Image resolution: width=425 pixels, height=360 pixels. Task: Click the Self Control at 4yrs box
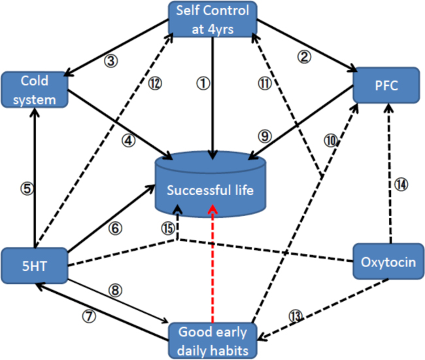point(212,20)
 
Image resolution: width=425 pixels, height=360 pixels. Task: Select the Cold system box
point(34,90)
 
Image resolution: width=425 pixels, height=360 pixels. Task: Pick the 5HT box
point(34,265)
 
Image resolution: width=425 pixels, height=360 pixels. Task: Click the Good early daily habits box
point(212,340)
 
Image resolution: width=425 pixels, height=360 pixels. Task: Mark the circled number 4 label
point(128,139)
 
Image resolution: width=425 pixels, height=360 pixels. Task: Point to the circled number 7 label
point(88,315)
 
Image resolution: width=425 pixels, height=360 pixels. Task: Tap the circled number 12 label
point(154,83)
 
